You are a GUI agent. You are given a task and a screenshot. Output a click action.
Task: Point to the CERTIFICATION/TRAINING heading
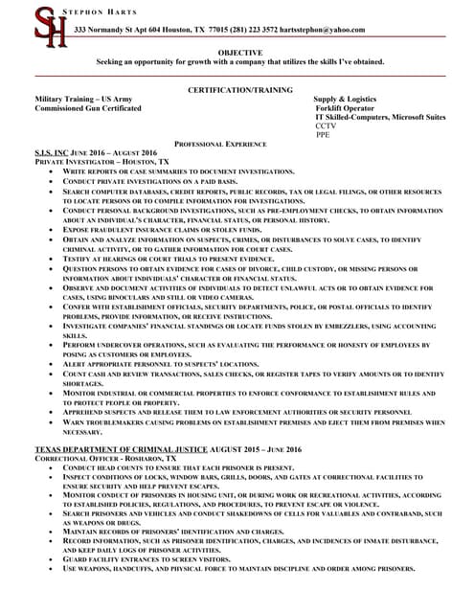[x=240, y=88]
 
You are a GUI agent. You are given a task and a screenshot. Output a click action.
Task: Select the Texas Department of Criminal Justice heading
[x=121, y=448]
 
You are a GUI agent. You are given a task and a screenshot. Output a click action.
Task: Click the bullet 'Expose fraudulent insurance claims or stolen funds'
[x=148, y=230]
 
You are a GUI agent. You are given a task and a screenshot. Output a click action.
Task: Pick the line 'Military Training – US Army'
[x=84, y=99]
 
